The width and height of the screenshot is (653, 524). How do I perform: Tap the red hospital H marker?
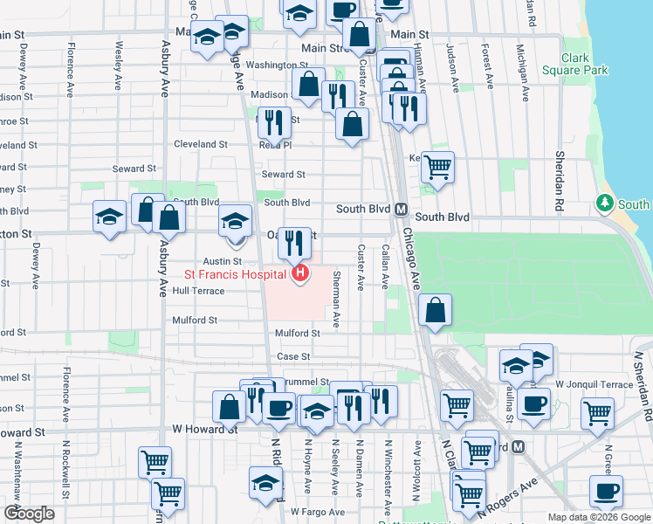coord(300,274)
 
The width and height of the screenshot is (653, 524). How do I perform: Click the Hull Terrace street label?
coord(198,291)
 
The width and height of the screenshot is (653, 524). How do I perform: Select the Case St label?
coord(293,356)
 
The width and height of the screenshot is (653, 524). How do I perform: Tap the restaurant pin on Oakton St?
coord(295,242)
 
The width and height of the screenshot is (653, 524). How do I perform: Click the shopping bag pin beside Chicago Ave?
coord(435,310)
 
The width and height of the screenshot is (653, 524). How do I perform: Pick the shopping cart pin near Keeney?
coord(437,166)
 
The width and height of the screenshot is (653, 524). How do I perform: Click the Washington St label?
coord(277,65)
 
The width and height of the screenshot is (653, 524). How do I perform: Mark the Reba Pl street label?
coord(275,146)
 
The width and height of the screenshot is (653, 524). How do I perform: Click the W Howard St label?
coord(205,430)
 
